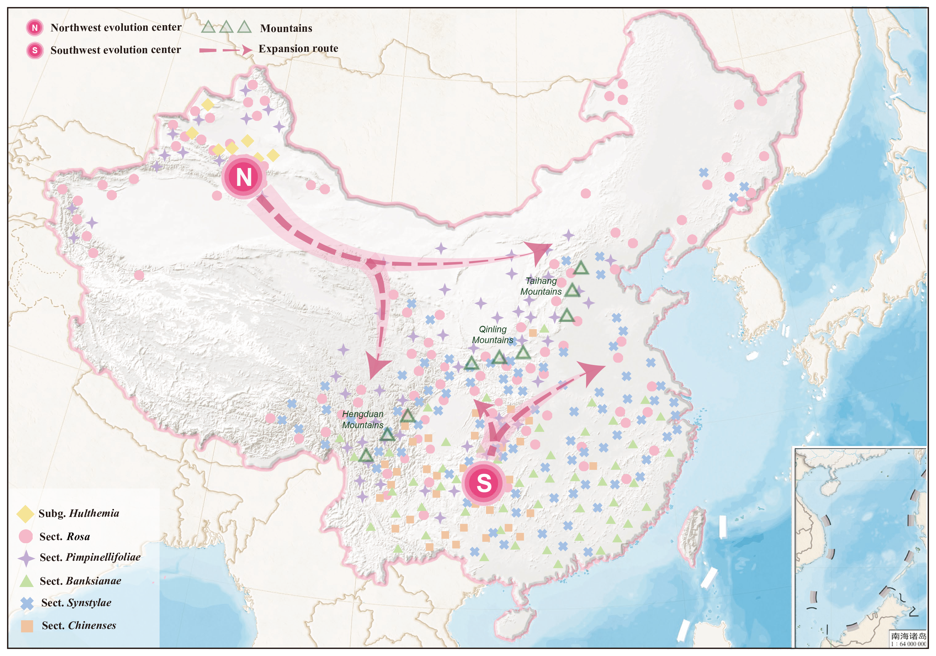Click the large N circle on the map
[244, 177]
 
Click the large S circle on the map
[484, 483]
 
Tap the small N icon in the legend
[35, 28]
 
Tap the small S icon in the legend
[35, 50]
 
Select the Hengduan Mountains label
[363, 419]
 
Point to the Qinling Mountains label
[492, 334]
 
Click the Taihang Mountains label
[541, 286]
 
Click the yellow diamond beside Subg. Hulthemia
[25, 514]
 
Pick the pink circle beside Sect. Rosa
[26, 536]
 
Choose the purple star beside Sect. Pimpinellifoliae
[26, 558]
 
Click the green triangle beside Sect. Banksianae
[26, 581]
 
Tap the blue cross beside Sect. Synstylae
[27, 603]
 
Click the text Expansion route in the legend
[298, 48]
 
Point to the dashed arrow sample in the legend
[225, 50]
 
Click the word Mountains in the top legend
[286, 28]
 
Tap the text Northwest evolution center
[116, 27]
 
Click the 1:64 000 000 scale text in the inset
[908, 644]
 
